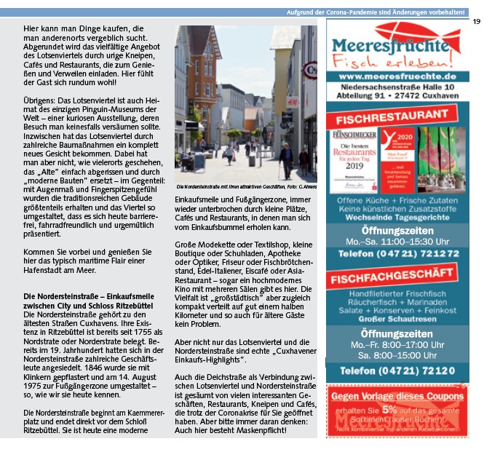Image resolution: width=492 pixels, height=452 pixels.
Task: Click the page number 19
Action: click(476, 21)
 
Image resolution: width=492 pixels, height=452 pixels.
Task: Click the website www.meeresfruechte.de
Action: click(397, 76)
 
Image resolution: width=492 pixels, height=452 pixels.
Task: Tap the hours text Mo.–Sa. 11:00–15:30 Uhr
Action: click(397, 240)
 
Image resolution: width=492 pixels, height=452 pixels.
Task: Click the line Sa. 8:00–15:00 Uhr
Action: click(397, 354)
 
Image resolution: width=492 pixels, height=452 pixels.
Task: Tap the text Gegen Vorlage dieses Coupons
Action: click(397, 397)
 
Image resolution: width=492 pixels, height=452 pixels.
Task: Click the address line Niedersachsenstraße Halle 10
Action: click(397, 87)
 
